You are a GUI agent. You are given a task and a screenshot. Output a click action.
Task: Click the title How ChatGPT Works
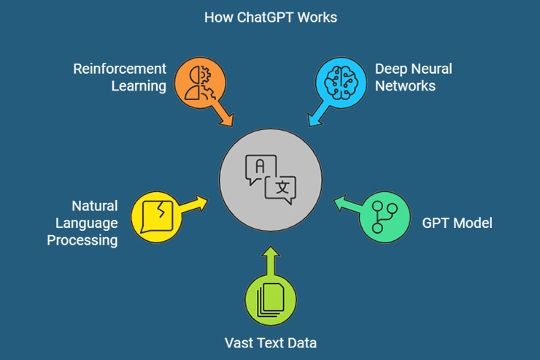point(271,17)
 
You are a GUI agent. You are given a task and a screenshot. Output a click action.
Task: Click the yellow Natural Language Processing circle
point(156,217)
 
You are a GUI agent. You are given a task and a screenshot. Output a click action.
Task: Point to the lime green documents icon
point(270,299)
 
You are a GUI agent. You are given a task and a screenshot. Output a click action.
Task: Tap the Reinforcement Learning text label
point(120,77)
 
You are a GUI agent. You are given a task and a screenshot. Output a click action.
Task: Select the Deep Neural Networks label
point(413,77)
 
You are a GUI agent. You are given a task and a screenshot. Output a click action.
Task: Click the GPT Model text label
point(457,223)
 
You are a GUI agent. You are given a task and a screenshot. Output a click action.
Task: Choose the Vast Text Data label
point(270,342)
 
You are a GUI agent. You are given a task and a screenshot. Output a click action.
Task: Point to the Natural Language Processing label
point(82,223)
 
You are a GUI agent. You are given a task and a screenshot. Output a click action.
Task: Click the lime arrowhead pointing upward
point(270,251)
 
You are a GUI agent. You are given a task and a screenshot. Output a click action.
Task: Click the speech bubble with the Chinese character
point(282,188)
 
